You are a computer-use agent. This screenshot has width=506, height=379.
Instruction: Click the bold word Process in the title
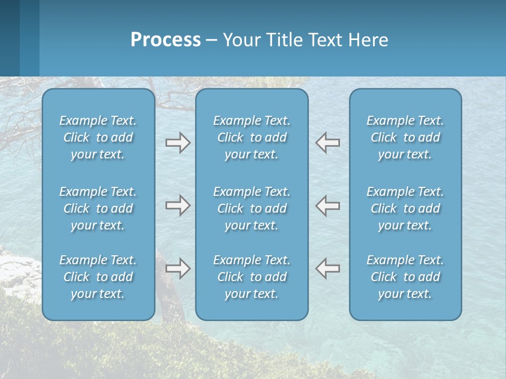166,40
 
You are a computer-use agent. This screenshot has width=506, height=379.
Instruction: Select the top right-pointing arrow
178,143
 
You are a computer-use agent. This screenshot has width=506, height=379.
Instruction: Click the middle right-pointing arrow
178,205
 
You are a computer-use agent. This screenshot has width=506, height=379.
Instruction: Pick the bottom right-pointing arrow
178,268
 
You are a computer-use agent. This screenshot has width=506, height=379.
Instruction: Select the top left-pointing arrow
328,143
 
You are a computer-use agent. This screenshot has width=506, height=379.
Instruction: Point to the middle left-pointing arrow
328,205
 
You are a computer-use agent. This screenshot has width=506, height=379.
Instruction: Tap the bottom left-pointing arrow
328,268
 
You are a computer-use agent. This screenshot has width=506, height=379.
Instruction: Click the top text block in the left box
98,137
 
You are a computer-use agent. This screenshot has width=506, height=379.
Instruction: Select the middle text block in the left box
98,208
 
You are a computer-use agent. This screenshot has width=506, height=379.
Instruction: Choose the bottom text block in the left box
98,277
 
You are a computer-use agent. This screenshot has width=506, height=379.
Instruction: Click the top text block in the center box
251,137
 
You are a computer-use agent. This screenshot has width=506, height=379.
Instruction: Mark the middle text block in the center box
251,208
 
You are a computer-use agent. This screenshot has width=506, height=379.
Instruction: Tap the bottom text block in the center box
251,277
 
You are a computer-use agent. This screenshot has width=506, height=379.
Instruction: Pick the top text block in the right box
405,137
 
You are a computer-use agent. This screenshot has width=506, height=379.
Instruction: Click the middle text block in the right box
405,208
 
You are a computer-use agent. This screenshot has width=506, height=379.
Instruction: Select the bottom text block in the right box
405,277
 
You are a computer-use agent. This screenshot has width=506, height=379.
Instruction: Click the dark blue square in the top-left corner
9,37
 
